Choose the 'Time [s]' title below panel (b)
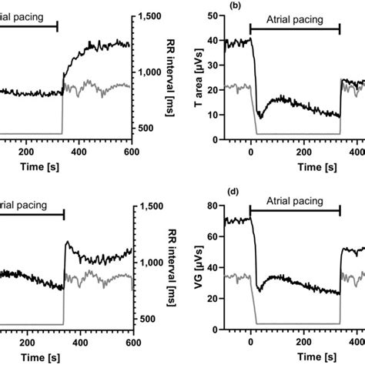point(295,166)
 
